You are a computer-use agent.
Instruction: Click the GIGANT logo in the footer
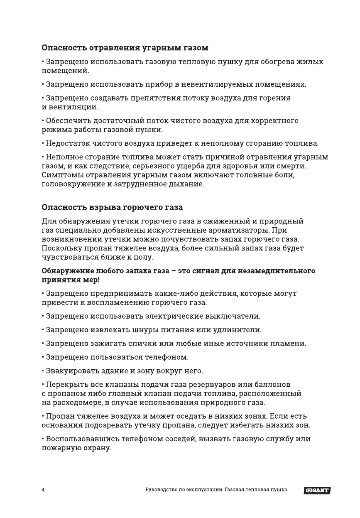tap(317, 490)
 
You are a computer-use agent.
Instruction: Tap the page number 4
tap(43, 490)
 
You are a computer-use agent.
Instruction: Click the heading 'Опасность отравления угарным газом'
tap(125, 48)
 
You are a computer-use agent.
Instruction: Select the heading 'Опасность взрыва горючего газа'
tap(112, 207)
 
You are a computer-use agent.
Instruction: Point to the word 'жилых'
tap(313, 62)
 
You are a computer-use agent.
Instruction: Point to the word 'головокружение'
tap(73, 184)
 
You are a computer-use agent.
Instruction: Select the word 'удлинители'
tap(242, 330)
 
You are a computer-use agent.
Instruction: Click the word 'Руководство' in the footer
tap(161, 490)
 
